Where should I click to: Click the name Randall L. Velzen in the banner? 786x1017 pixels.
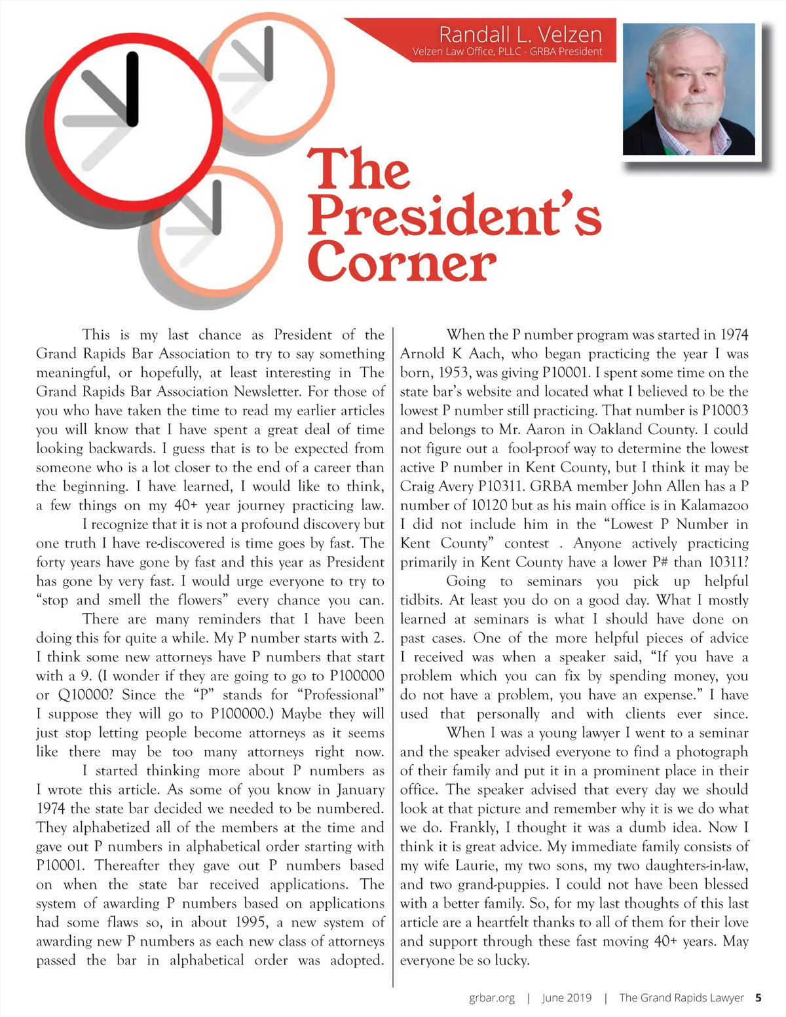(x=520, y=33)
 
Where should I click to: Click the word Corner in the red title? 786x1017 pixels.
(x=402, y=263)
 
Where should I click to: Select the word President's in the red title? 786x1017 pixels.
(x=455, y=215)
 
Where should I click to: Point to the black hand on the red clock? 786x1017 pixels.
(x=132, y=89)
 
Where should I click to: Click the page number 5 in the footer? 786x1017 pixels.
(x=758, y=998)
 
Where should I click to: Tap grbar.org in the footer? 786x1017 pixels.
(x=492, y=998)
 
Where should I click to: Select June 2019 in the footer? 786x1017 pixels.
(x=567, y=998)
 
